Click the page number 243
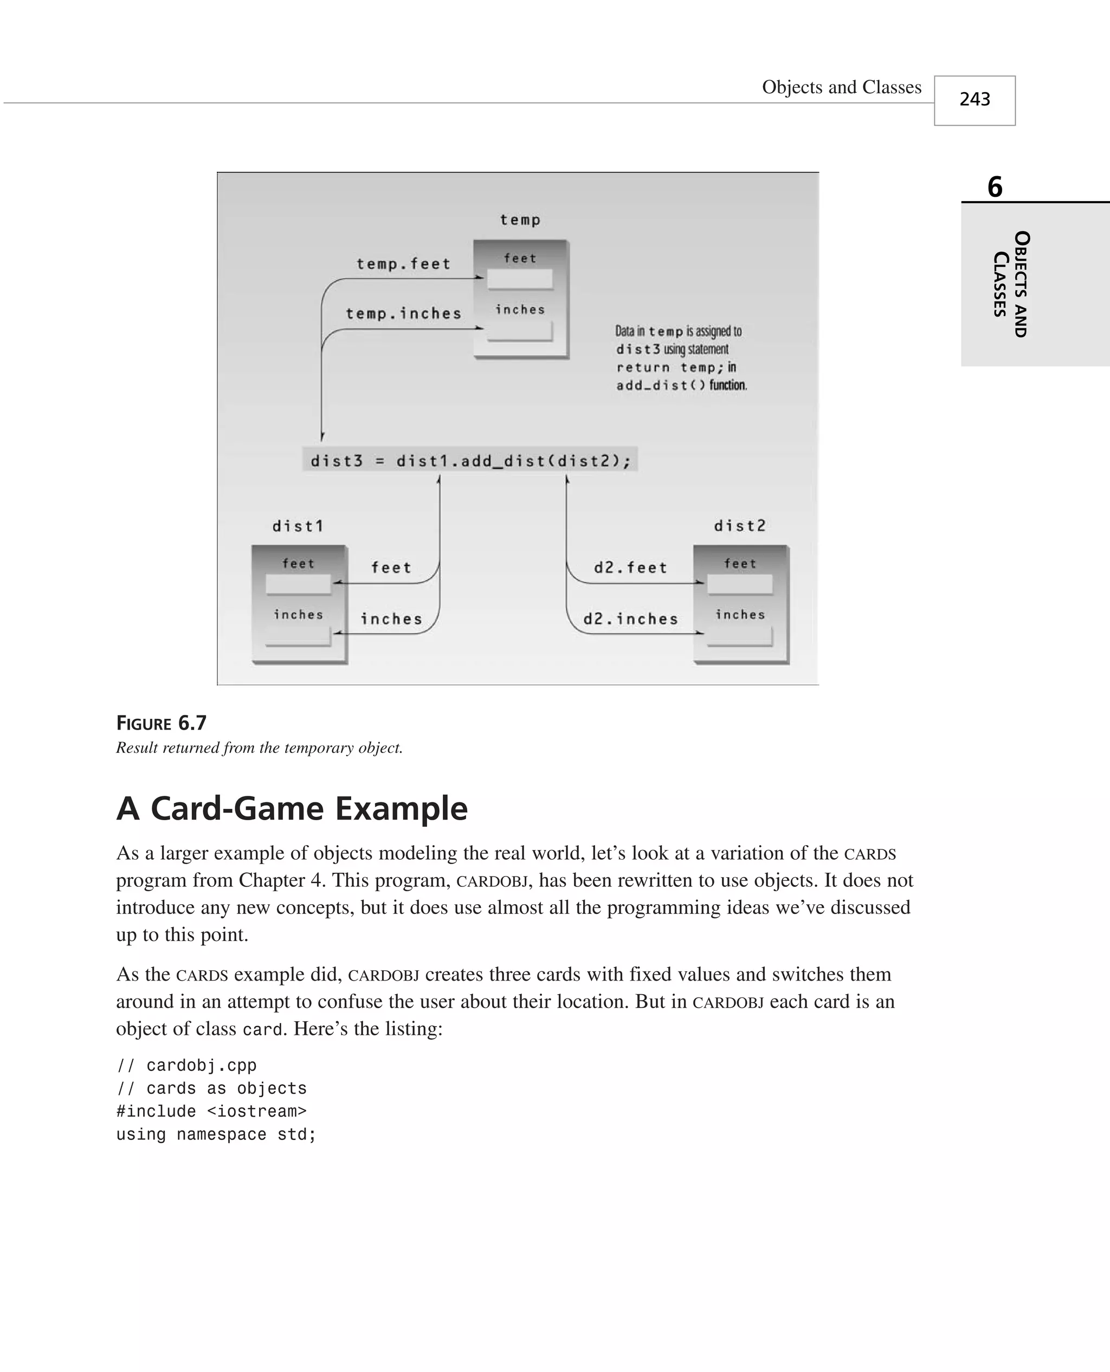coord(975,99)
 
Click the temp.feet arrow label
coord(403,264)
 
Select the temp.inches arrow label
coord(403,313)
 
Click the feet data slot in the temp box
coord(519,279)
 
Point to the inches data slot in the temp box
coord(519,330)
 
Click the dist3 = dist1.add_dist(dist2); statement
coord(470,460)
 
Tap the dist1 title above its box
coord(298,526)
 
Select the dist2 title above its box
coord(740,525)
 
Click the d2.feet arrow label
coord(630,568)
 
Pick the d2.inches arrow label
coord(630,619)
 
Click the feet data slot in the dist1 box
coord(298,584)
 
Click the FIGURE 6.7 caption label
coord(161,723)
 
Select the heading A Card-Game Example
coord(292,808)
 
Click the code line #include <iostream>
coord(211,1111)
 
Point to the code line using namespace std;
coord(216,1134)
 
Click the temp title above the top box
coord(520,220)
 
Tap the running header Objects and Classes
coord(842,87)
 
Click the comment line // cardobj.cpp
coord(186,1065)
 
